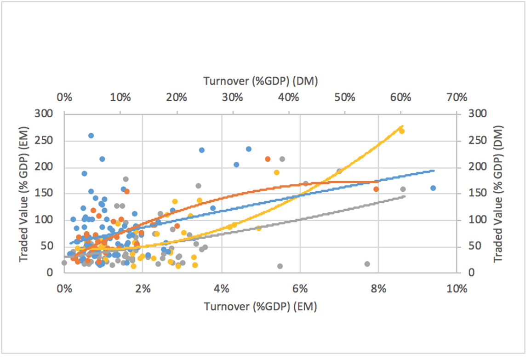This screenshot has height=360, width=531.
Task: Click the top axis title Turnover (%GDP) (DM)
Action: pyautogui.click(x=261, y=81)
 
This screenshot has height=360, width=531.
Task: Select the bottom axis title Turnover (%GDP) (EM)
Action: pyautogui.click(x=261, y=306)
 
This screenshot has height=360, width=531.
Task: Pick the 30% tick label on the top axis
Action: pyautogui.click(x=232, y=97)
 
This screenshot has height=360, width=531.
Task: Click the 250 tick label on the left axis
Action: pyautogui.click(x=51, y=140)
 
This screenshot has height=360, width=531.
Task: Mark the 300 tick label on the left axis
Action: pyautogui.click(x=51, y=114)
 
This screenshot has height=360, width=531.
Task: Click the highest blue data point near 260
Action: pyautogui.click(x=91, y=136)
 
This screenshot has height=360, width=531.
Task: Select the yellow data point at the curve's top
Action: pyautogui.click(x=401, y=131)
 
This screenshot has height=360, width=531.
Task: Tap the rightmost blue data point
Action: pyautogui.click(x=433, y=188)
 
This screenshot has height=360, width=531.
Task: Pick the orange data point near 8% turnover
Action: pyautogui.click(x=376, y=189)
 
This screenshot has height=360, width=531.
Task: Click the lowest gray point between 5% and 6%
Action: pyautogui.click(x=280, y=266)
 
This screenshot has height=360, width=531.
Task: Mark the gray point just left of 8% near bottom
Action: pyautogui.click(x=367, y=264)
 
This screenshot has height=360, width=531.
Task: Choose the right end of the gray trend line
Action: pyautogui.click(x=405, y=196)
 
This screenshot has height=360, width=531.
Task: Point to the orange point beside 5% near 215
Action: pyautogui.click(x=268, y=159)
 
